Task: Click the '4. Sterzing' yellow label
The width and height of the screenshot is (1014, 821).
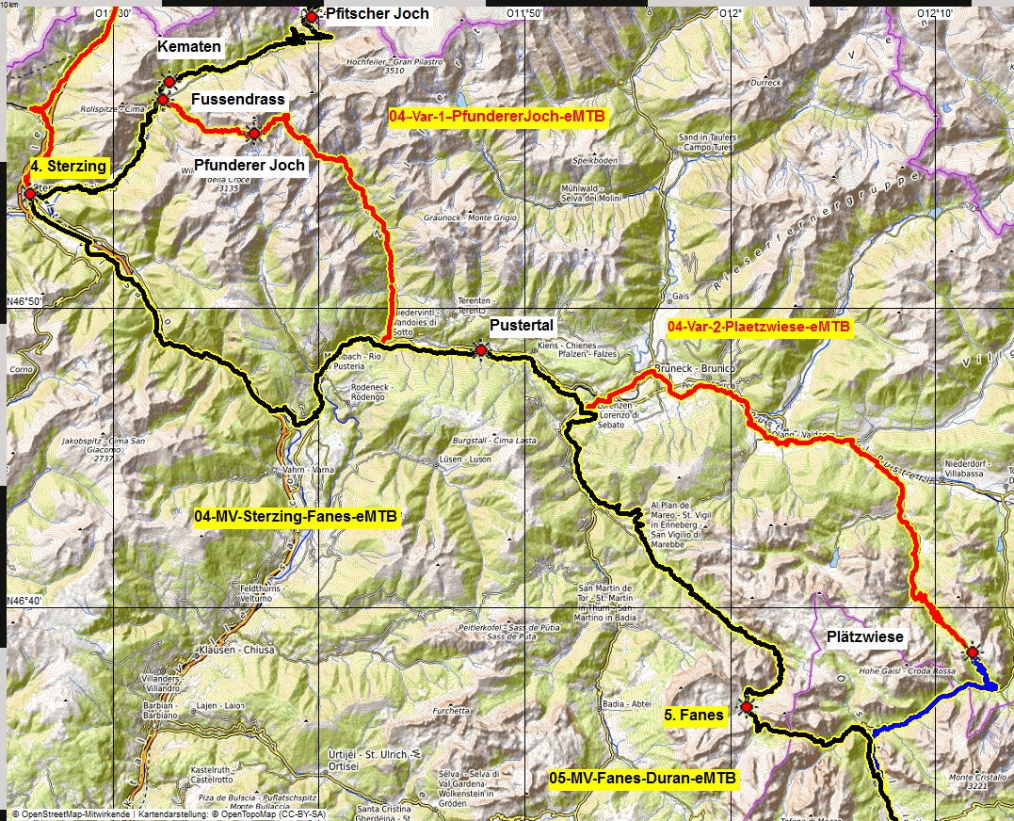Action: coord(69,166)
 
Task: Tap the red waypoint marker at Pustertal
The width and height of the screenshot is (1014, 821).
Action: coord(481,350)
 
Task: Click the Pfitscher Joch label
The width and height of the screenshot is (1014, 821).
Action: coord(377,14)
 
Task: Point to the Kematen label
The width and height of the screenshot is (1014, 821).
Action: coord(190,47)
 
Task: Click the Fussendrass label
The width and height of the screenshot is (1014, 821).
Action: coord(237,99)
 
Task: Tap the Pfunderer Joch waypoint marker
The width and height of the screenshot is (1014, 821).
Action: coord(253,134)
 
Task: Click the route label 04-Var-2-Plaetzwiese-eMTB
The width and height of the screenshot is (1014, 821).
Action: coord(758,327)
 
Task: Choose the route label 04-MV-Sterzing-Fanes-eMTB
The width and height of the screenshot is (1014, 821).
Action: coord(296,517)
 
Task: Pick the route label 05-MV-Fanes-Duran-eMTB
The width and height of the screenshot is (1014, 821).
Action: coord(643,779)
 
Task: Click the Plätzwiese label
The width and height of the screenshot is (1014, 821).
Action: coord(864,637)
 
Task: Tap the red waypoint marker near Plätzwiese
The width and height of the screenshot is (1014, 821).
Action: coord(971,652)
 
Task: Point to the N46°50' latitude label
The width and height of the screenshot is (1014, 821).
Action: coord(25,301)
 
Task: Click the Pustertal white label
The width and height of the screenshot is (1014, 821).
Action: coord(522,325)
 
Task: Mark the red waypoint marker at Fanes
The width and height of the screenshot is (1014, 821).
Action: coord(747,706)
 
